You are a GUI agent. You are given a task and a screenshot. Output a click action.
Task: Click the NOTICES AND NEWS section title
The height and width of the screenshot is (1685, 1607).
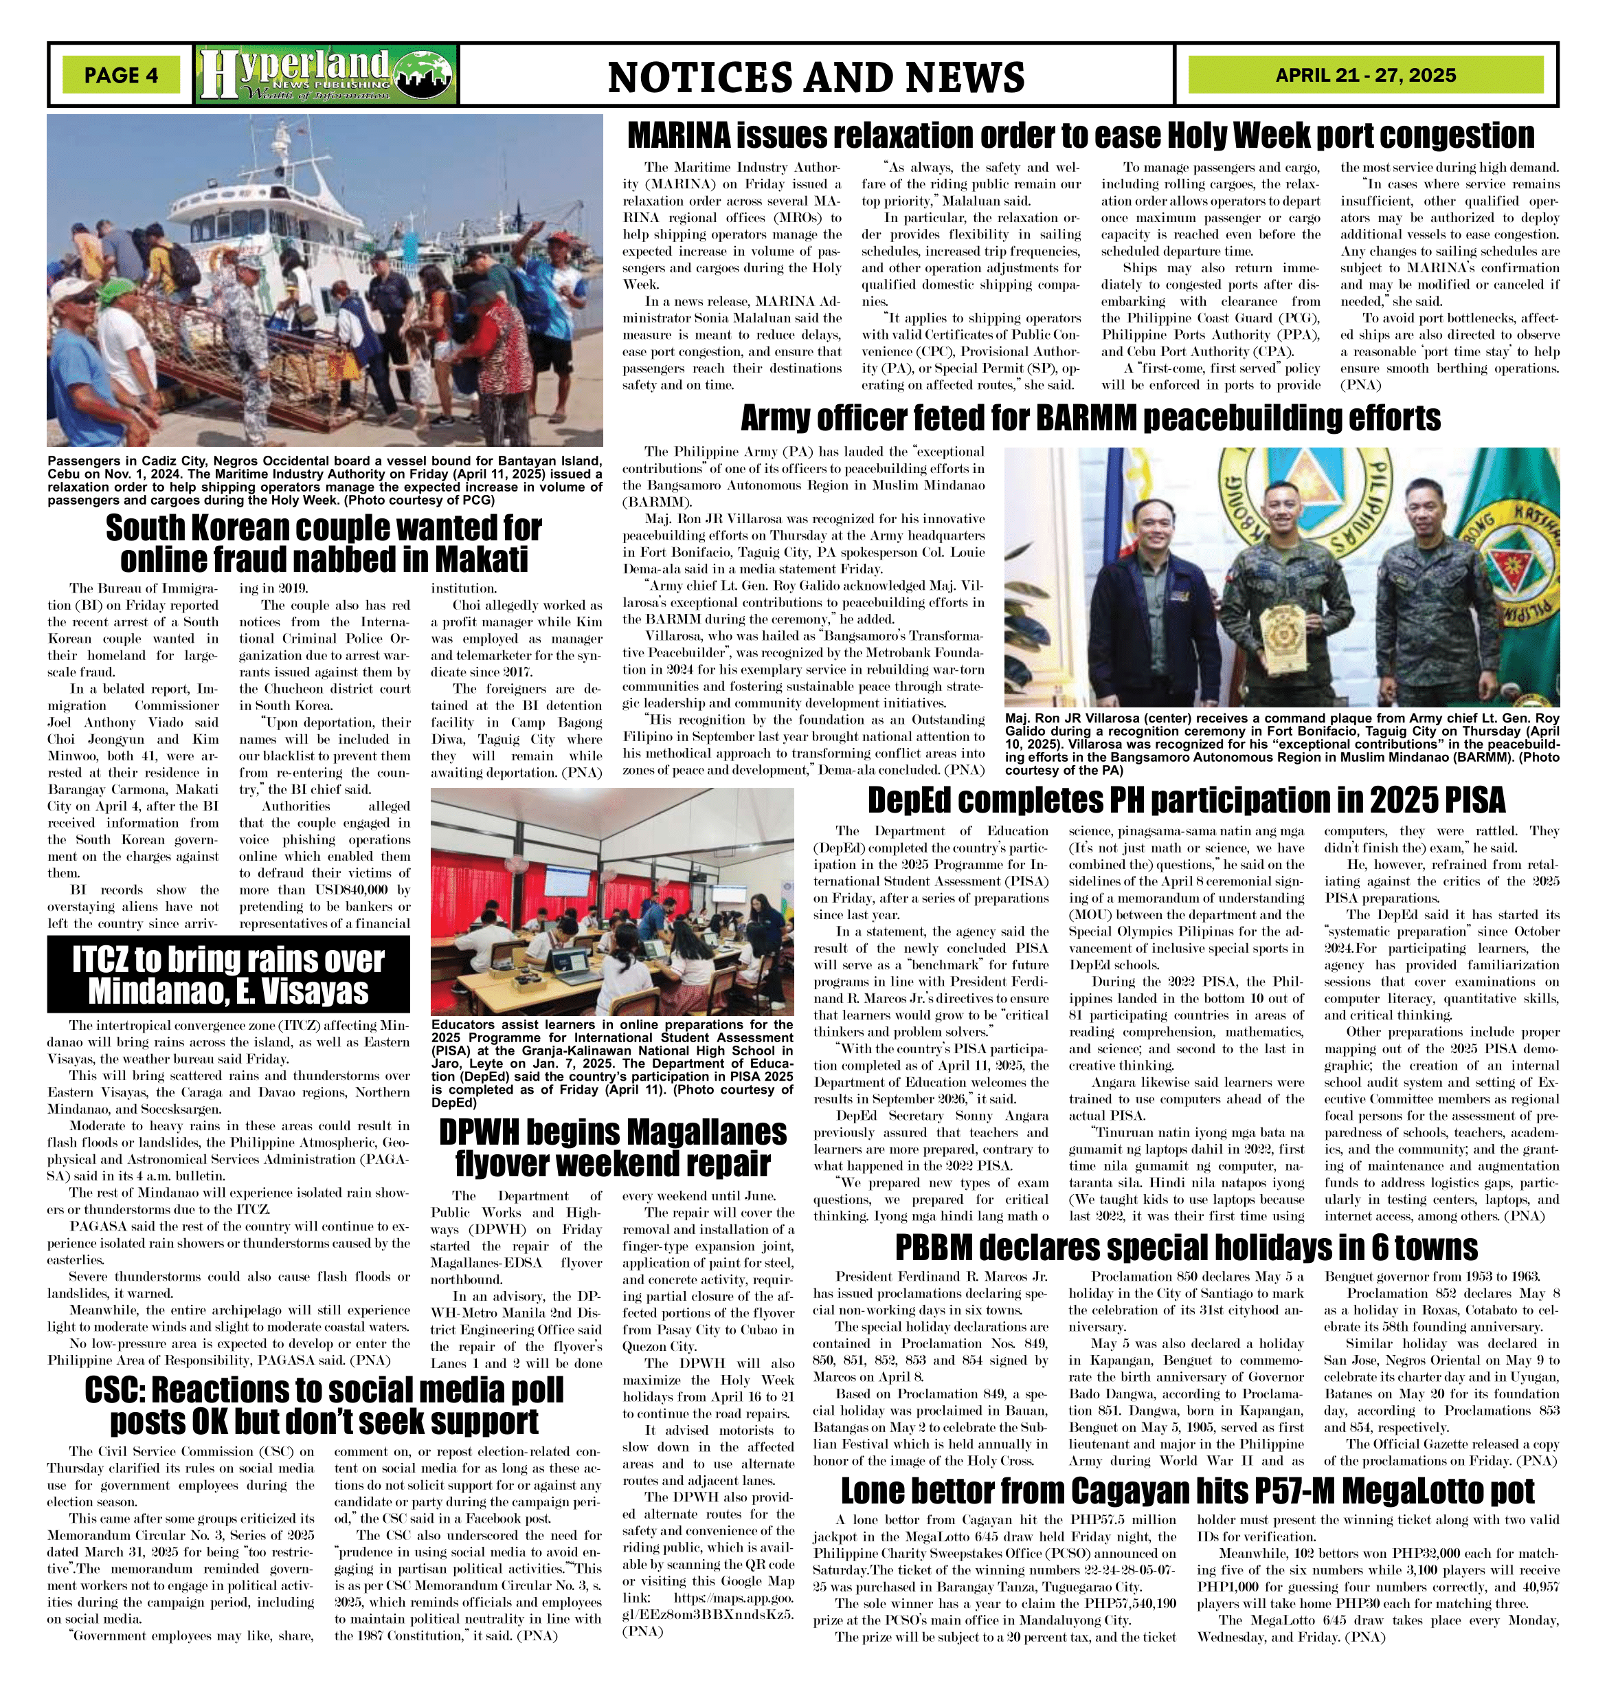point(816,77)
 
